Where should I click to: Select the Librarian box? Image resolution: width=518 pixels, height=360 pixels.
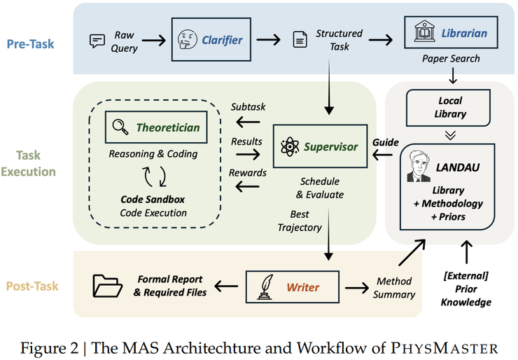tap(446, 33)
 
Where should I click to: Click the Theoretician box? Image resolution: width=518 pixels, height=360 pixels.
tap(157, 127)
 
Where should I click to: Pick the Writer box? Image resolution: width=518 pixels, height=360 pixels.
tap(292, 286)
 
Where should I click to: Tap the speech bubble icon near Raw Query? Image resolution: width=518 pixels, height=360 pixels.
tap(97, 41)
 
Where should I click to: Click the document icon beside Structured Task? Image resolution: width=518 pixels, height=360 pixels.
tap(300, 40)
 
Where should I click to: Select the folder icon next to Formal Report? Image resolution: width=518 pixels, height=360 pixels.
tap(108, 286)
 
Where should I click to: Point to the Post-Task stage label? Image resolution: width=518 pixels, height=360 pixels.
tap(33, 286)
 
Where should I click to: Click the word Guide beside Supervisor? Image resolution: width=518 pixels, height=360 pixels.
tap(385, 141)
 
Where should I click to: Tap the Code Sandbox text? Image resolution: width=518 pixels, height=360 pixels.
tap(153, 200)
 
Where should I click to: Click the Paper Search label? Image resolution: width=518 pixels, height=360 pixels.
tap(450, 58)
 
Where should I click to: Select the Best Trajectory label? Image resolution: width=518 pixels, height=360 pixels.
tap(300, 221)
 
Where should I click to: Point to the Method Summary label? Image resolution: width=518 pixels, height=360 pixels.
tap(393, 288)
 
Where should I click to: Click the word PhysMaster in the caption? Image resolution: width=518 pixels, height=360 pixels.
tap(455, 347)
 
